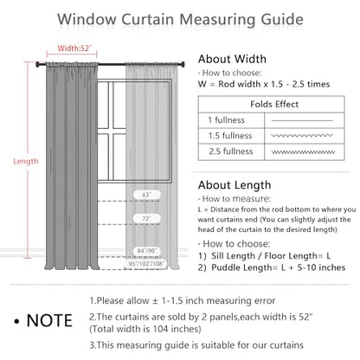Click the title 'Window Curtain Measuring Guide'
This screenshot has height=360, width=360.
[180, 20]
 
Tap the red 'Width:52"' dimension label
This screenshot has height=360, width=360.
[74, 48]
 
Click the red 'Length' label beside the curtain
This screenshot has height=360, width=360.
[26, 161]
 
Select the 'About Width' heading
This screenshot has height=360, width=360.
[232, 59]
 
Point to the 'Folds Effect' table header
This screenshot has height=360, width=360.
[274, 104]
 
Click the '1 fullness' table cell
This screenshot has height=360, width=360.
[226, 120]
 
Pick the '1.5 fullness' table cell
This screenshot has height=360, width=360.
[230, 136]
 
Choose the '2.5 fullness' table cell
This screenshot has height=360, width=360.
[231, 151]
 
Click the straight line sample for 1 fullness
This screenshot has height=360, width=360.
[302, 120]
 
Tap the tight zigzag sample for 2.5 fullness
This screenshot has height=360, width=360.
[303, 152]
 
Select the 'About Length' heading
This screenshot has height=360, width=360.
[235, 185]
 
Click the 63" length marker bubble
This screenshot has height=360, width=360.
[147, 195]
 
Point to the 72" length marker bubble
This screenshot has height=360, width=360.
[147, 219]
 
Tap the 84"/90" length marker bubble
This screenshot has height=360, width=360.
[147, 251]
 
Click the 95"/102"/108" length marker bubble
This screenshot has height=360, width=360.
[146, 263]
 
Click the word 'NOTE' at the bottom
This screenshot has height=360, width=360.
[49, 320]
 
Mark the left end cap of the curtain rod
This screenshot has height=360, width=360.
[37, 64]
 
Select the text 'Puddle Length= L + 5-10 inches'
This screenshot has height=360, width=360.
[278, 267]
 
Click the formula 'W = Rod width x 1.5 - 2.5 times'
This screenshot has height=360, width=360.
[264, 84]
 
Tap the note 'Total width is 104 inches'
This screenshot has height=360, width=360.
[145, 329]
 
